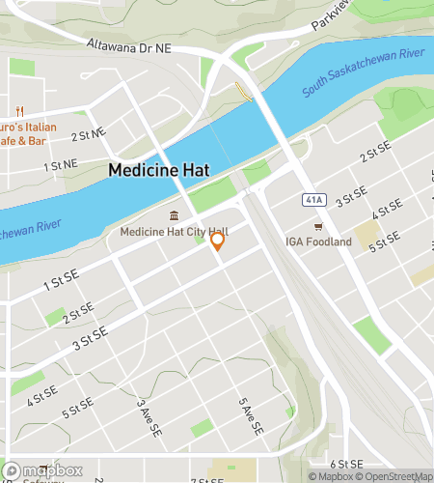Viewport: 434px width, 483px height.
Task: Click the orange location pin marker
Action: tap(218, 241)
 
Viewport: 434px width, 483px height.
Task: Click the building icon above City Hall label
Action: tap(174, 215)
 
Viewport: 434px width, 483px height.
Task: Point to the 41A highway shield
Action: tap(313, 199)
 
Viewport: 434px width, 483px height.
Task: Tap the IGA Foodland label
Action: tap(318, 241)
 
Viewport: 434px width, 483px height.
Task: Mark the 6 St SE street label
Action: tap(344, 465)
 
